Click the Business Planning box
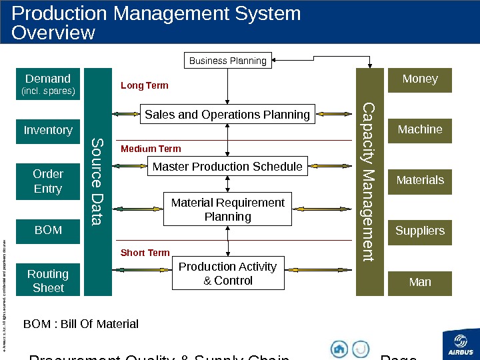click(228, 61)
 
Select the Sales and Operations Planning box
click(227, 115)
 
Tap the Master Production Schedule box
click(227, 166)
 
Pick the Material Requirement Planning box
click(227, 209)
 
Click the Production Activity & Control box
click(227, 273)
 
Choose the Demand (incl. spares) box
click(48, 83)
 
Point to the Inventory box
click(48, 131)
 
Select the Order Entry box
click(48, 181)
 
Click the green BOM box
click(48, 231)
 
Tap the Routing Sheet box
click(48, 281)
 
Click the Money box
click(420, 79)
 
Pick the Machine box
click(420, 130)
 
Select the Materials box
click(420, 181)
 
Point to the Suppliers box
click(420, 231)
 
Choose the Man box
click(420, 283)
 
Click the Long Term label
click(144, 86)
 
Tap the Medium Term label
click(151, 149)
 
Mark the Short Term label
click(145, 253)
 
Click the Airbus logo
click(460, 343)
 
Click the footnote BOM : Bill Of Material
click(81, 325)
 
